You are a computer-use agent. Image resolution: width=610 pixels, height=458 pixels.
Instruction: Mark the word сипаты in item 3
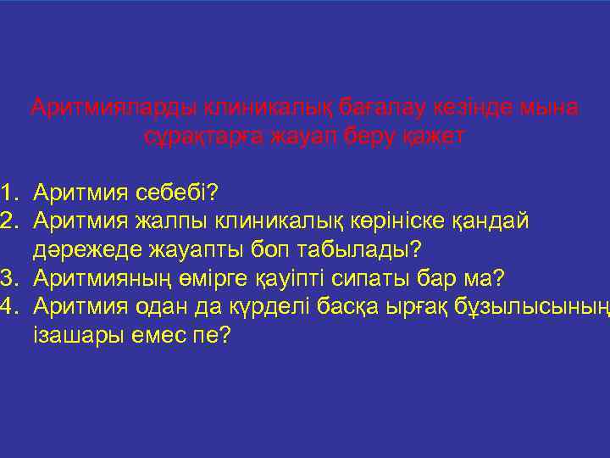tap(374, 278)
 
